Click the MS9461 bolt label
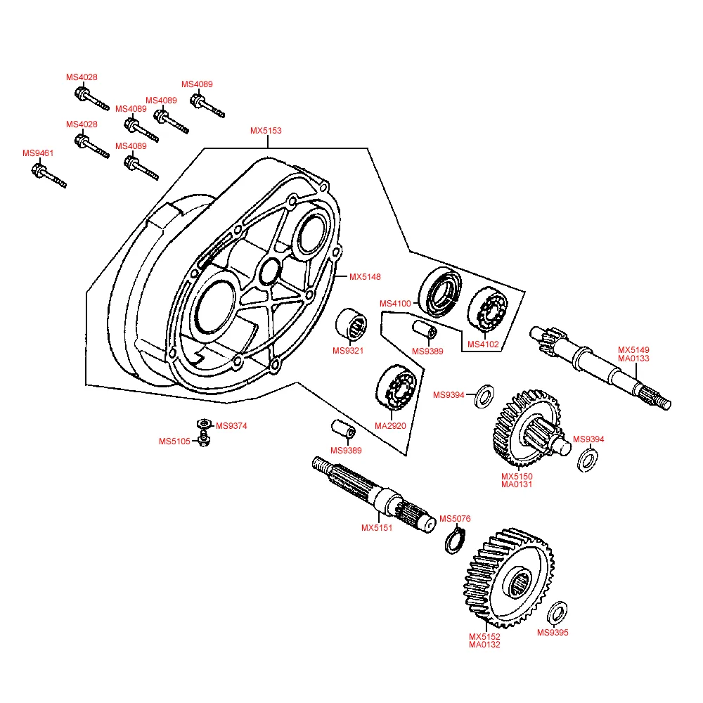click(38, 153)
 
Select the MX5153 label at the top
click(266, 131)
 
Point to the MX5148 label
click(366, 276)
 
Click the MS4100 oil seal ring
click(441, 290)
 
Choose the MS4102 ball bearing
click(487, 309)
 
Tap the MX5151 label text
click(377, 528)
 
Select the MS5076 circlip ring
click(455, 542)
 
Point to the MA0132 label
click(485, 645)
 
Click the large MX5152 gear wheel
click(508, 579)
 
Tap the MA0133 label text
click(633, 359)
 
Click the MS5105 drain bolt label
click(174, 441)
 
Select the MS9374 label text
click(231, 426)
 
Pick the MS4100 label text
click(395, 304)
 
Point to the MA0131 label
click(517, 484)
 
